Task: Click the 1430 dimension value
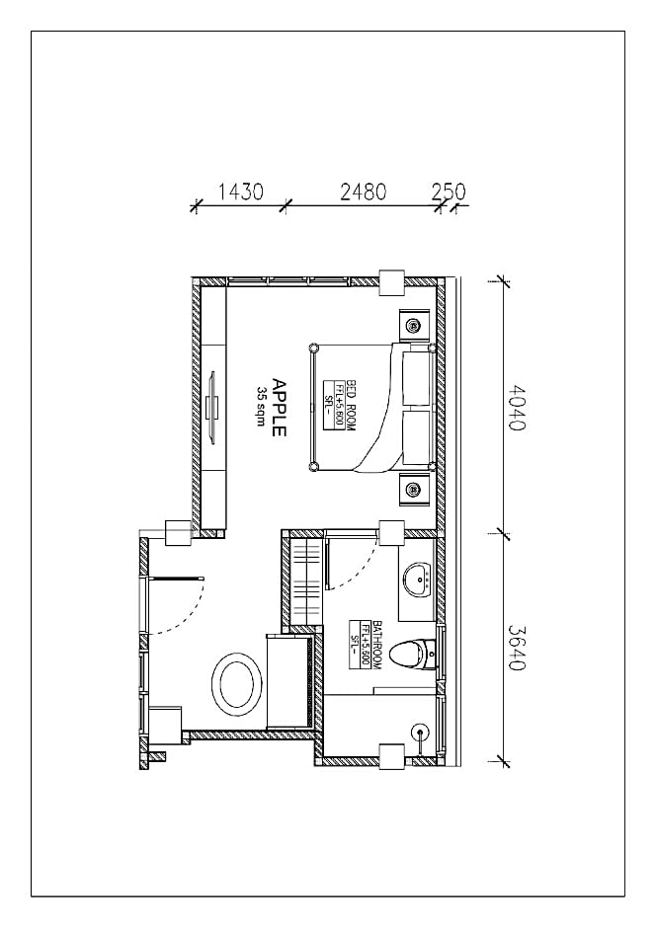(240, 192)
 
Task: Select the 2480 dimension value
(363, 192)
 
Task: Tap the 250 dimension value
(449, 192)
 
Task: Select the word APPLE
(279, 408)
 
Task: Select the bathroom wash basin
(416, 580)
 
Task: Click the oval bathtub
(237, 684)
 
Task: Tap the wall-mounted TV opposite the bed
(211, 407)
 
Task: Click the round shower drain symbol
(421, 733)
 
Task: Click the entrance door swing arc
(188, 612)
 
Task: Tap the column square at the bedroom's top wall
(391, 281)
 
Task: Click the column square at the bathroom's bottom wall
(391, 756)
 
